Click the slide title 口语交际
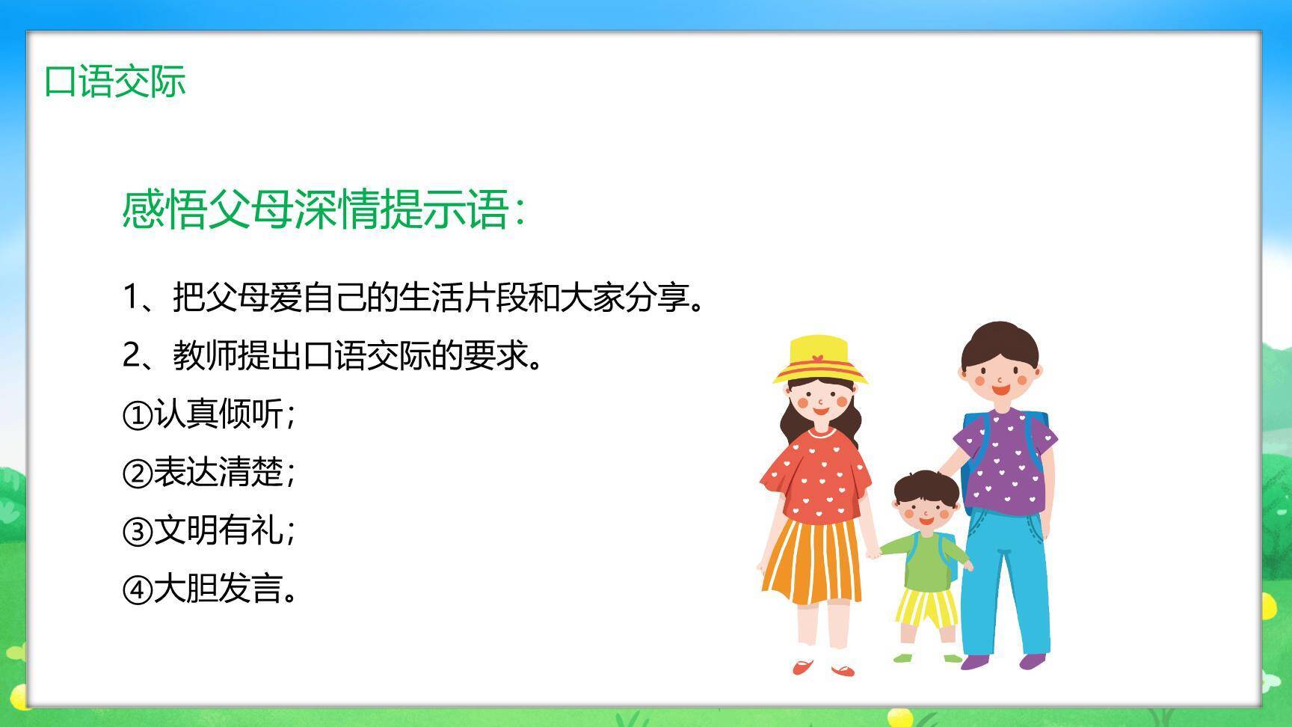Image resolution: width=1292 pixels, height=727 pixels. (114, 81)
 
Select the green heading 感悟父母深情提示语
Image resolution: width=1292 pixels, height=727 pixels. (323, 209)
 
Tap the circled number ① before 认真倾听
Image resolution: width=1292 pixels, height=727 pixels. (137, 415)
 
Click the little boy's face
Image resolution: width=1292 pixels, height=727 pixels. (926, 512)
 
